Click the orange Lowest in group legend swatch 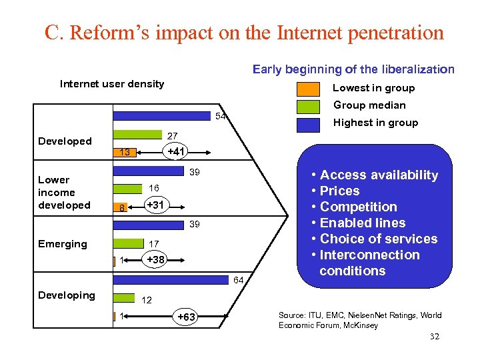pyautogui.click(x=307, y=89)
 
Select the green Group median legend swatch pyautogui.click(x=307, y=106)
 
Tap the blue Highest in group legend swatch pyautogui.click(x=307, y=123)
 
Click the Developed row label pyautogui.click(x=65, y=141)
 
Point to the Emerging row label pyautogui.click(x=63, y=244)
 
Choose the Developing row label pyautogui.click(x=67, y=295)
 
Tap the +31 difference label pyautogui.click(x=155, y=205)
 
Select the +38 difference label pyautogui.click(x=155, y=259)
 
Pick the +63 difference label pyautogui.click(x=186, y=317)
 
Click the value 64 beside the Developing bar pyautogui.click(x=238, y=280)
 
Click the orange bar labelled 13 pyautogui.click(x=125, y=153)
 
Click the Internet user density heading pyautogui.click(x=112, y=84)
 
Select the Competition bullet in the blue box pyautogui.click(x=359, y=207)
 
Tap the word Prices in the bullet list pyautogui.click(x=340, y=191)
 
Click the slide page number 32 pyautogui.click(x=435, y=337)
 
